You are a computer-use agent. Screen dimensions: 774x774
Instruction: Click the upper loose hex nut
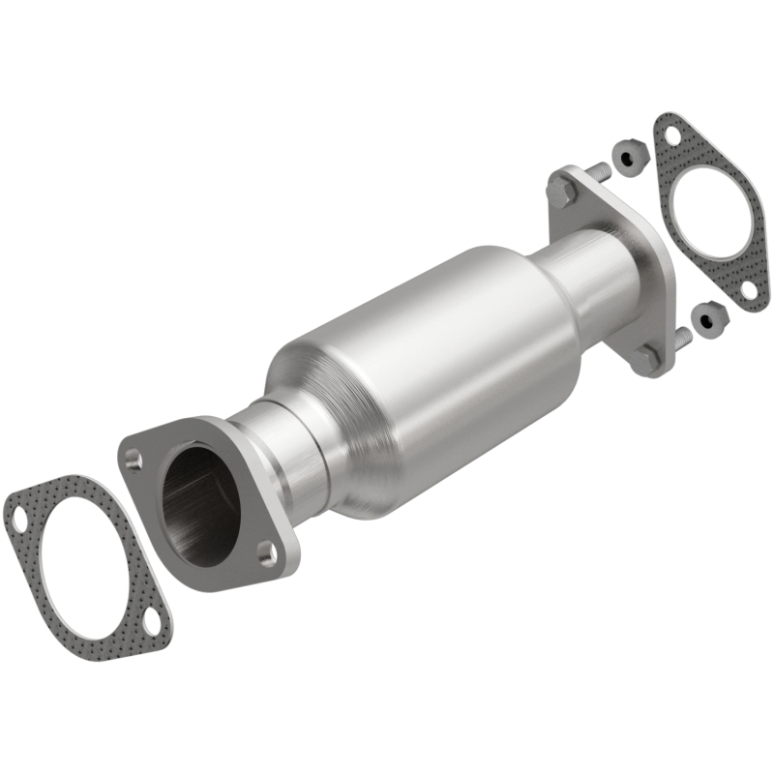(626, 154)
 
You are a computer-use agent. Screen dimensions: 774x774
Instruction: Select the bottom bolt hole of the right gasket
(748, 288)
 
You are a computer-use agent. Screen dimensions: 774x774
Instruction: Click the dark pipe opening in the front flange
(198, 503)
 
